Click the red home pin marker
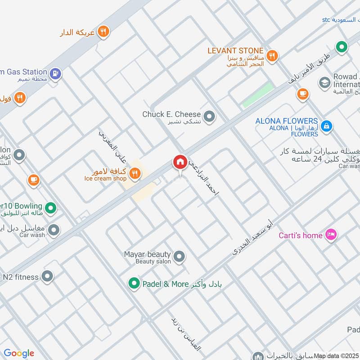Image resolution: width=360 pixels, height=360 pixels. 180,162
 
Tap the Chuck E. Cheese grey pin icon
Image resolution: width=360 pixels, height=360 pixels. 209,117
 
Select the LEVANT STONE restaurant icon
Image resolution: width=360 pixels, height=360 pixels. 271,56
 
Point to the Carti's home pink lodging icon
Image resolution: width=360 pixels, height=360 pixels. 331,235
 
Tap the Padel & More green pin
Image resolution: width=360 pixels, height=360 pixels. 133,283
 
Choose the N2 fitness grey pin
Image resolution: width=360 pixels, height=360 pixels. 47,277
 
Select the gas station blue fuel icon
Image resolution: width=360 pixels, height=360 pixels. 55,73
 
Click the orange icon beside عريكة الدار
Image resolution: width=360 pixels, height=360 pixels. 103,31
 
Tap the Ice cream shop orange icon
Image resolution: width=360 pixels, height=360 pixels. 135,173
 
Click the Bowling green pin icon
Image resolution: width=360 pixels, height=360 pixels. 51,208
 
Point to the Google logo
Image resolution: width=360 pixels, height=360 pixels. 19,353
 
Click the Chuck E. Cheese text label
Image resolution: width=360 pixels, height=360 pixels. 171,114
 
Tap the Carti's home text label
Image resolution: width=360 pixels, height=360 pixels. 301,235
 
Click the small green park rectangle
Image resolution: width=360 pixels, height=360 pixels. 258,95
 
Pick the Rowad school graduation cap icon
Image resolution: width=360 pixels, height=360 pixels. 324,83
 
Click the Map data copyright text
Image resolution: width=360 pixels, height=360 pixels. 336,355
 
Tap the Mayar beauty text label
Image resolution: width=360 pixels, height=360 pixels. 147,254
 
